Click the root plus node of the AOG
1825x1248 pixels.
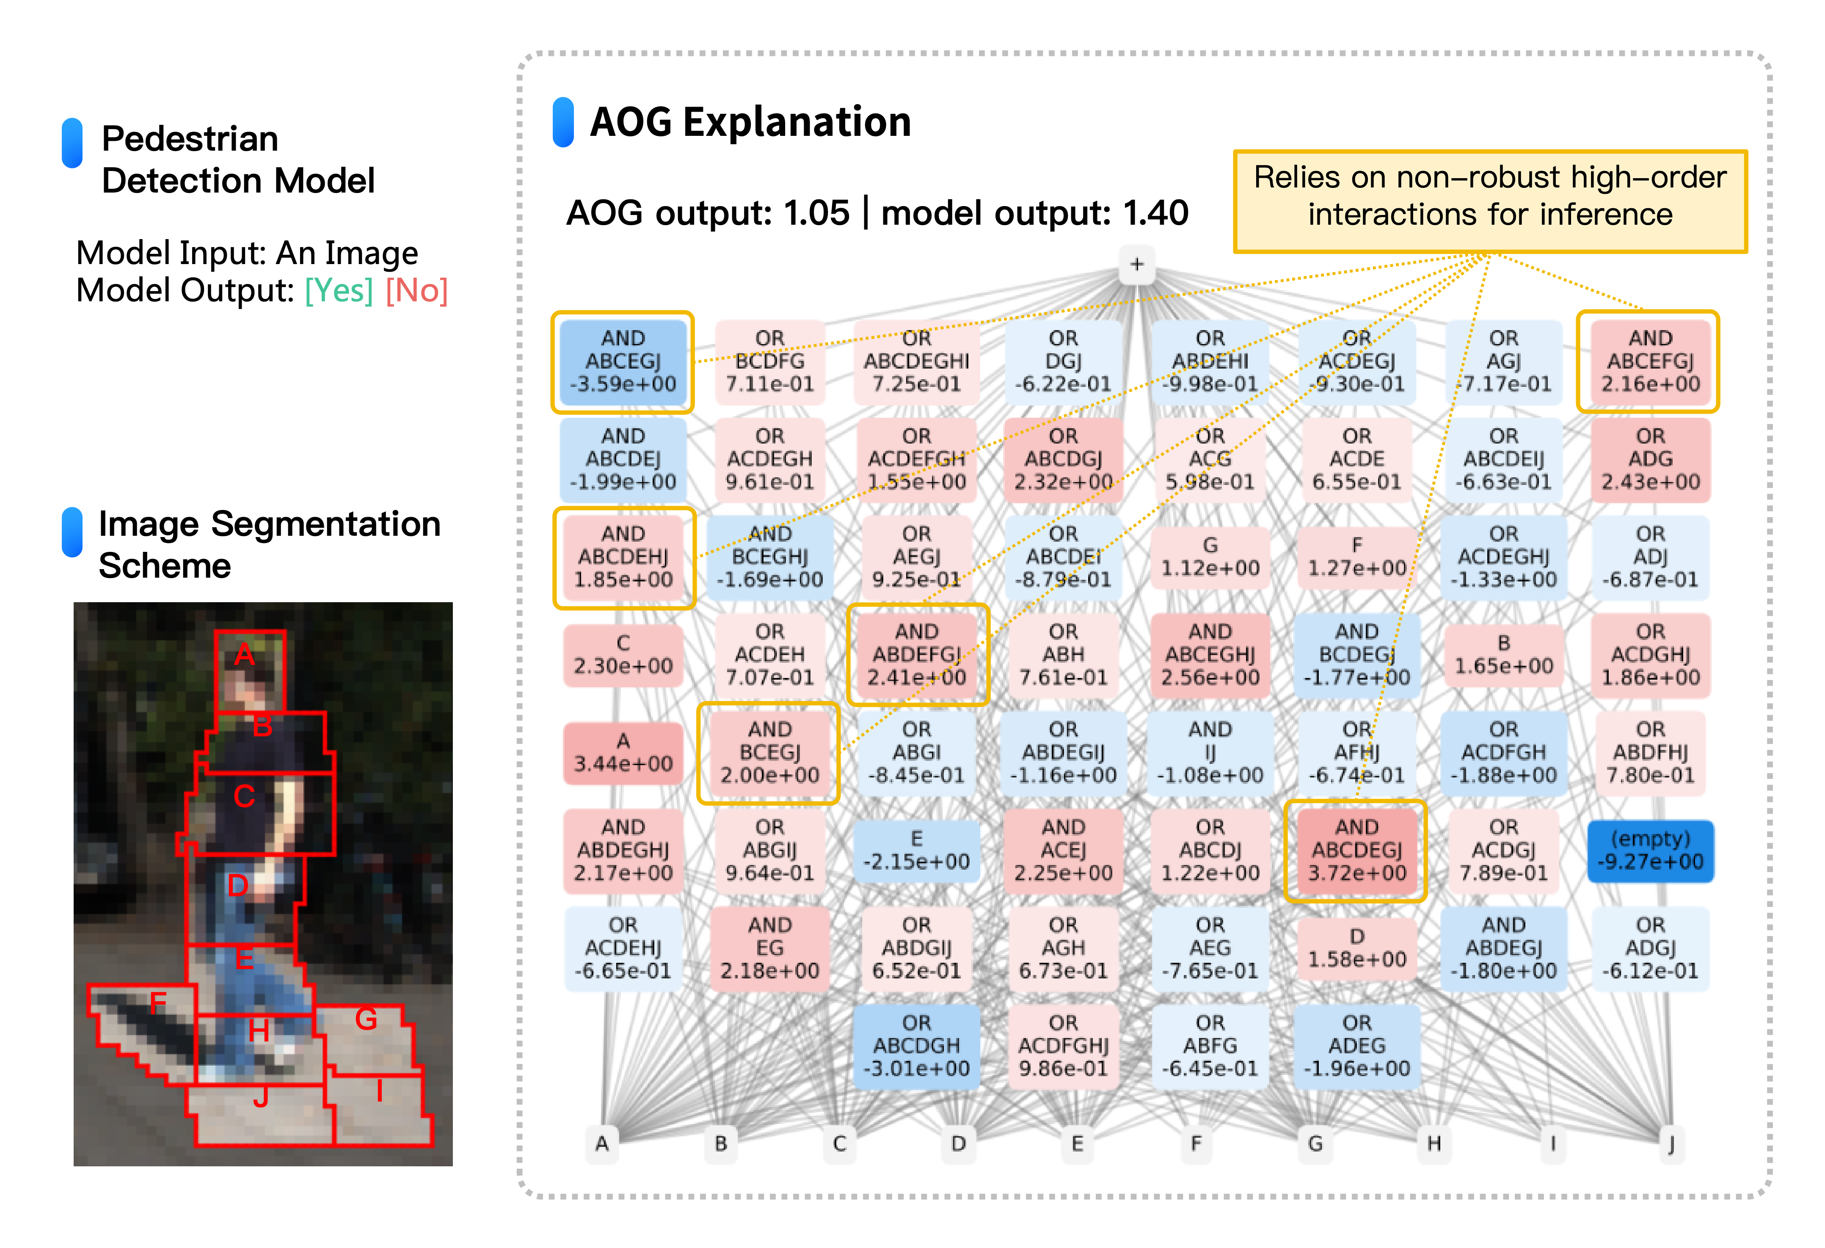[1136, 264]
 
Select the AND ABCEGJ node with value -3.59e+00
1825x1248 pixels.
[623, 361]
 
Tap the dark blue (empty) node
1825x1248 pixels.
[1650, 851]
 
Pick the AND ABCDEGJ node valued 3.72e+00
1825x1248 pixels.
[1356, 851]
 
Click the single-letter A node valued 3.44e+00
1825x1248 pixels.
[623, 752]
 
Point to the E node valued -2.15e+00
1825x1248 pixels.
[916, 851]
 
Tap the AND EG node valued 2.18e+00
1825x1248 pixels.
[769, 948]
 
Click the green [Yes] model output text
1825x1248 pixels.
[339, 291]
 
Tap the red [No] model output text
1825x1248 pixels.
[416, 291]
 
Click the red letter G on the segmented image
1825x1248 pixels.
[366, 1019]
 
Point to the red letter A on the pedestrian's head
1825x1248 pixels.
[244, 654]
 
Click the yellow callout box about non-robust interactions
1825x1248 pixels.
[1490, 201]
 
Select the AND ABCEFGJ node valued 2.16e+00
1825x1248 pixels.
[1650, 361]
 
